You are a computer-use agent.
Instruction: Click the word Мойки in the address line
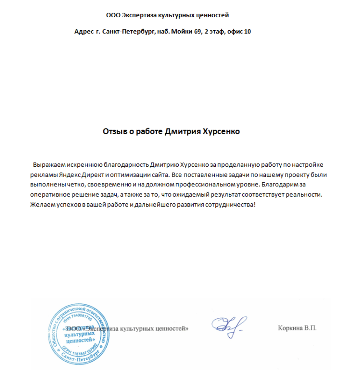click(x=181, y=32)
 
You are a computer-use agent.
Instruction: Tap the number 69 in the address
click(x=196, y=32)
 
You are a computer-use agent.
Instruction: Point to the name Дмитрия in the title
click(x=183, y=132)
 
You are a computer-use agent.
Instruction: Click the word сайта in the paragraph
click(x=160, y=175)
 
